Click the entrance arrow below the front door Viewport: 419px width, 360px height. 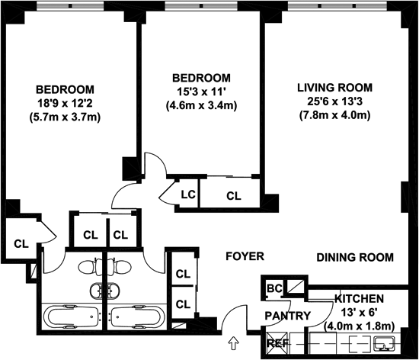pyautogui.click(x=234, y=343)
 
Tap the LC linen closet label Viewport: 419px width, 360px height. pyautogui.click(x=188, y=194)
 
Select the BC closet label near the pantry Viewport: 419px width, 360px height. pyautogui.click(x=274, y=288)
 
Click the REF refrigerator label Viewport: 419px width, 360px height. pyautogui.click(x=278, y=343)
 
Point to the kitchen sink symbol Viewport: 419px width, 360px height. pyautogui.click(x=384, y=343)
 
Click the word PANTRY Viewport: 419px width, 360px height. pyautogui.click(x=288, y=316)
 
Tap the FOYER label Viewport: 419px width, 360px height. pyautogui.click(x=245, y=256)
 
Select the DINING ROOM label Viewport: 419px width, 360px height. pyautogui.click(x=355, y=257)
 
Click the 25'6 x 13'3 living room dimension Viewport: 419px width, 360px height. pyautogui.click(x=335, y=101)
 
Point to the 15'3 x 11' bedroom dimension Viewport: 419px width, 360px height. pyautogui.click(x=202, y=92)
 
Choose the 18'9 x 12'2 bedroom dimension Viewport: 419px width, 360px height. pyautogui.click(x=65, y=103)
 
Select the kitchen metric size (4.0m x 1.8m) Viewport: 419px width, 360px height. pyautogui.click(x=359, y=326)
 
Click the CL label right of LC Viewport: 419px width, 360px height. pyautogui.click(x=234, y=196)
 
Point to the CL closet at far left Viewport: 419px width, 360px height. pyautogui.click(x=21, y=243)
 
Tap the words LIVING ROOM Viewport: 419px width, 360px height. pyautogui.click(x=335, y=88)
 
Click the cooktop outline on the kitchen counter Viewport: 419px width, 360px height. pyautogui.click(x=360, y=343)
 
